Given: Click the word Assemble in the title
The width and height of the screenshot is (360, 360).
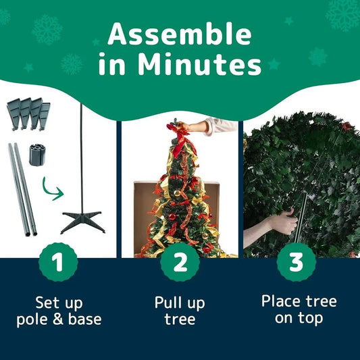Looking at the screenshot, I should (180, 34).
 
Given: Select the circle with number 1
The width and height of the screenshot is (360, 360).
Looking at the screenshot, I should (59, 263).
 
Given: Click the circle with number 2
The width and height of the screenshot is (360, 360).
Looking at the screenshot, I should (180, 263).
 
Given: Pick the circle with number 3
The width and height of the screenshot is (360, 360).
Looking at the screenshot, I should (297, 263).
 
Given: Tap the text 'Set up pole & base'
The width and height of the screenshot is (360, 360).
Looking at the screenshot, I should (59, 310).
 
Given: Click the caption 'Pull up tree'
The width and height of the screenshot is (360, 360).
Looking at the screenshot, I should (180, 310).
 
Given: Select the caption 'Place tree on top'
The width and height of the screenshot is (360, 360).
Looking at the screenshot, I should (299, 309).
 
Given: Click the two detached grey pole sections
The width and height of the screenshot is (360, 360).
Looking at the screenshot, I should (22, 189).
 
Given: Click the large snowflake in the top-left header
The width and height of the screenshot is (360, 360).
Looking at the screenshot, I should (47, 29).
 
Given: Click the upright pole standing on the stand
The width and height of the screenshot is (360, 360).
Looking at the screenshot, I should (81, 155).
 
